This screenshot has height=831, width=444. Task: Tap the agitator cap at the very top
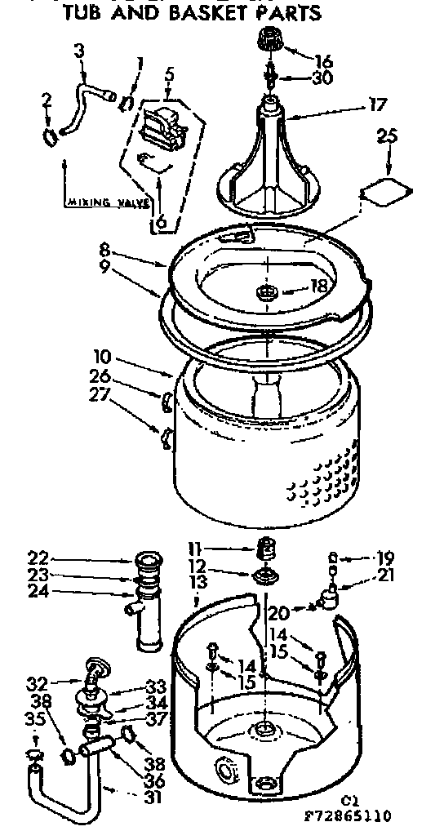269,39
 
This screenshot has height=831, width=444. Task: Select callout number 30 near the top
323,78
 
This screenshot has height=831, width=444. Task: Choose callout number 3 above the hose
79,51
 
